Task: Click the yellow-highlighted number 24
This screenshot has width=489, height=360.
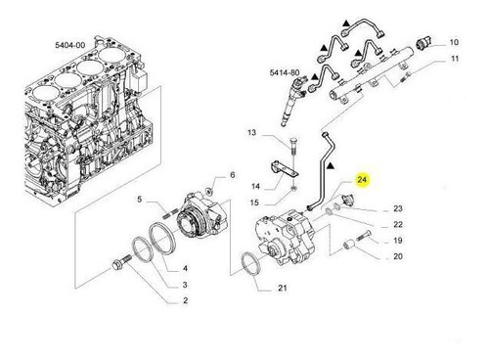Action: click(362, 179)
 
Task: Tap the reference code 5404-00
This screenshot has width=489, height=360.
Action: click(70, 45)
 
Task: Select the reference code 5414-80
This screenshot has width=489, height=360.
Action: click(285, 72)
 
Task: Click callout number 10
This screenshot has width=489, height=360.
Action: click(454, 42)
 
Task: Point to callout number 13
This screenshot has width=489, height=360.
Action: click(252, 133)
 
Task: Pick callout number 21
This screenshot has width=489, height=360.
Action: click(283, 288)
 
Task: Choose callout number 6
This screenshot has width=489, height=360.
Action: click(233, 175)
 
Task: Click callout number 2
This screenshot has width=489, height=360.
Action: click(185, 300)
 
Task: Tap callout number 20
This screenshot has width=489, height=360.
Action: click(398, 256)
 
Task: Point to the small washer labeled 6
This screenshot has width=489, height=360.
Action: click(208, 191)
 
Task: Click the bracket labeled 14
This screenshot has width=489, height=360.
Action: click(283, 167)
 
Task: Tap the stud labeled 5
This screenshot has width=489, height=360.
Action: click(170, 212)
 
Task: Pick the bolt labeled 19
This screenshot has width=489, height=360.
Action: click(364, 235)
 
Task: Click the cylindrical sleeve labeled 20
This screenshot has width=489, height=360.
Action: click(349, 244)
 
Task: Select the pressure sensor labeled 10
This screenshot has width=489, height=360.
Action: click(424, 43)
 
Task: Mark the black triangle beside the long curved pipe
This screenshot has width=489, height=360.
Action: click(331, 166)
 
